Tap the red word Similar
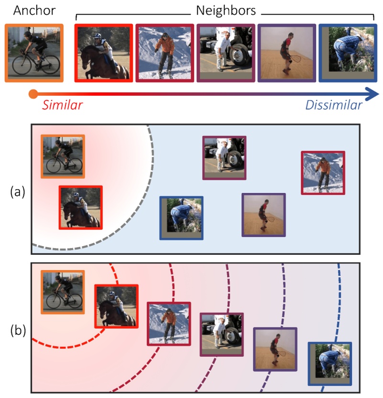click(x=62, y=105)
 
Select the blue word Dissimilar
click(x=334, y=105)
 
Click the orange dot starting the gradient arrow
click(x=33, y=93)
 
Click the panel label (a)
click(x=18, y=192)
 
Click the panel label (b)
click(x=18, y=330)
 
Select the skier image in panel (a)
click(x=323, y=172)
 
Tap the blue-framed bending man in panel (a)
click(x=181, y=217)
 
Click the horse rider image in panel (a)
click(x=80, y=207)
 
